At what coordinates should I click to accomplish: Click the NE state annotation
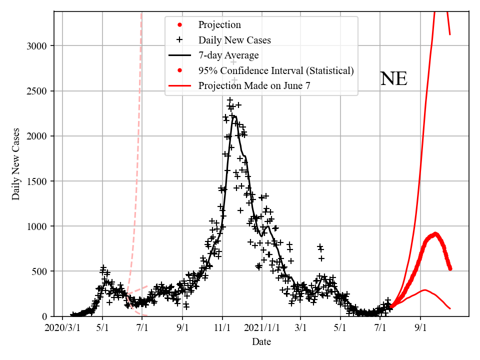[x=393, y=79]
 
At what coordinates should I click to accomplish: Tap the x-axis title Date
[x=261, y=342]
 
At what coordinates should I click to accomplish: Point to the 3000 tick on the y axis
[x=37, y=46]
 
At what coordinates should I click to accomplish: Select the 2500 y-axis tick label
[x=37, y=91]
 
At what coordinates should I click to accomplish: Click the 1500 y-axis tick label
[x=37, y=181]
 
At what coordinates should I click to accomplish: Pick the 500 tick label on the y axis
[x=39, y=271]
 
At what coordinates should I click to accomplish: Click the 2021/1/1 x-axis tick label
[x=261, y=328]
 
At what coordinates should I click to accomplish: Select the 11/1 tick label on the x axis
[x=222, y=328]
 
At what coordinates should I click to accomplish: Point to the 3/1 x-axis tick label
[x=301, y=328]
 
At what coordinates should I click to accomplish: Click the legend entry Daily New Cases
[x=234, y=40]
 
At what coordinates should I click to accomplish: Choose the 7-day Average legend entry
[x=228, y=55]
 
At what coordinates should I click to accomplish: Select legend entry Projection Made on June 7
[x=254, y=85]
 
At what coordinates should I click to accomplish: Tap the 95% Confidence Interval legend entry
[x=276, y=70]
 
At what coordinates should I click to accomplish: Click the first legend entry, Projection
[x=219, y=25]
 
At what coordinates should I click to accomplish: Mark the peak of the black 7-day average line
[x=235, y=116]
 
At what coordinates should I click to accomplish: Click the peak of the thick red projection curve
[x=435, y=233]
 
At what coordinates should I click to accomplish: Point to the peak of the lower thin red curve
[x=424, y=289]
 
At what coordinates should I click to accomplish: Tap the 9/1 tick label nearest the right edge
[x=420, y=328]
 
